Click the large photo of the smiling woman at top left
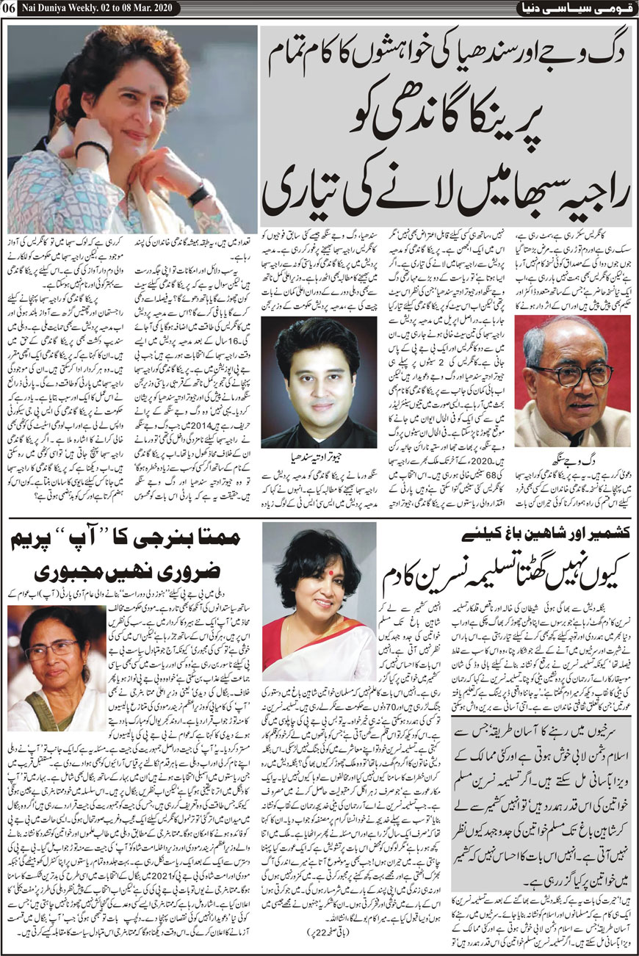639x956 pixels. pyautogui.click(x=132, y=129)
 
